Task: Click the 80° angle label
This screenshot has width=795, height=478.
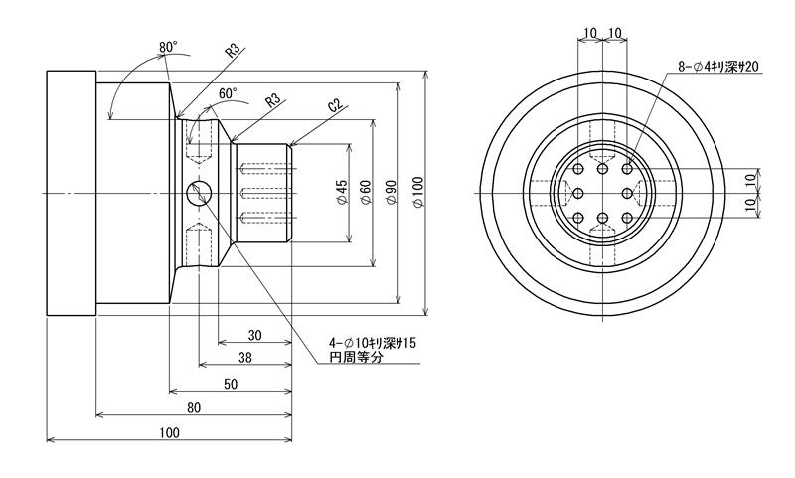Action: [x=167, y=46]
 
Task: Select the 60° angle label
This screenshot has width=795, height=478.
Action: [x=228, y=93]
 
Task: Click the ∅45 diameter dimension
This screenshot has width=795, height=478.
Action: [x=340, y=192]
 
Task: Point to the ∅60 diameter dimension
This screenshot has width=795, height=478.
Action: [x=366, y=192]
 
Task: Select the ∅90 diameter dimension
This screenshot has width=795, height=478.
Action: [x=392, y=192]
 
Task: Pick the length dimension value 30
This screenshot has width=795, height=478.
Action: [x=255, y=335]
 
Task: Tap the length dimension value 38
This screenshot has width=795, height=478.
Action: [x=244, y=358]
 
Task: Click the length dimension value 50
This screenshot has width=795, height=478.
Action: [x=230, y=384]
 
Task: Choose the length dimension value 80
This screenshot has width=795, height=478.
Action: [x=194, y=407]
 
